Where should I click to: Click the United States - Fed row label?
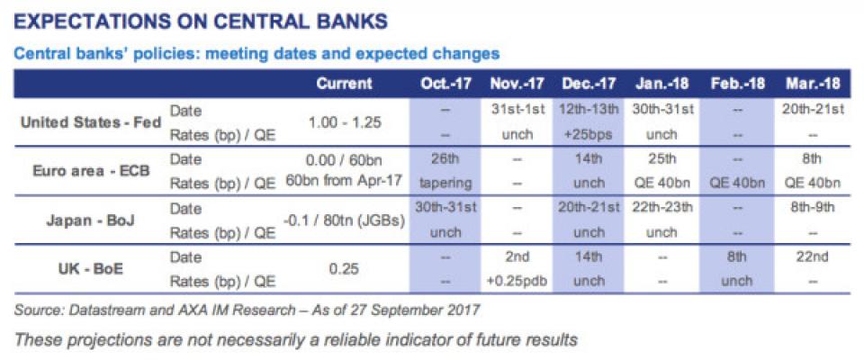(91, 122)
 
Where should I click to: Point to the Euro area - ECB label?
(91, 170)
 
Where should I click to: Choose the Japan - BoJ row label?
(91, 220)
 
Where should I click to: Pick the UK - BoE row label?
(91, 269)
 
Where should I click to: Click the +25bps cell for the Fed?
(588, 134)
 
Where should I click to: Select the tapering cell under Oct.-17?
(445, 183)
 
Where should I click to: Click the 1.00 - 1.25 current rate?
(344, 122)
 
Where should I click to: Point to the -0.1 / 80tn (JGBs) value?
(344, 220)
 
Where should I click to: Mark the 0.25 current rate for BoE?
(344, 269)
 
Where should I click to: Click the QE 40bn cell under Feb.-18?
(738, 183)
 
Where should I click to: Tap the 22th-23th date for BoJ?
(662, 209)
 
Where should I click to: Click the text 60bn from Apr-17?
(344, 183)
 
